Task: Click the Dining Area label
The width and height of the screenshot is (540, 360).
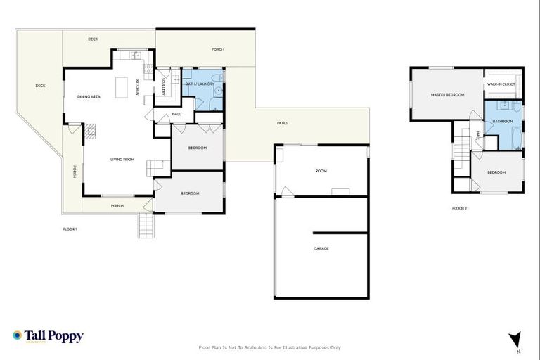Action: pos(89,96)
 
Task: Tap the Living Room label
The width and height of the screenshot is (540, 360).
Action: pos(122,160)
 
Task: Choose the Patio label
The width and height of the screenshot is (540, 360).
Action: pos(281,124)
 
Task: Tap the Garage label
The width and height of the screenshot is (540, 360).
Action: pos(321,249)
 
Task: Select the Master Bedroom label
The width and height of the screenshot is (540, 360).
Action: pos(447,94)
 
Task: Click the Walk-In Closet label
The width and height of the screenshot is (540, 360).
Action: pos(501,84)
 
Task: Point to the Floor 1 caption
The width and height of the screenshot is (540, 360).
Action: pos(70,229)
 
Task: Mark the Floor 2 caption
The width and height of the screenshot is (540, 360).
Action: pos(460,208)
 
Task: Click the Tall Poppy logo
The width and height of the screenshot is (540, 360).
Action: pos(48,336)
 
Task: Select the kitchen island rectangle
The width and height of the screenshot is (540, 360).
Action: pos(123,86)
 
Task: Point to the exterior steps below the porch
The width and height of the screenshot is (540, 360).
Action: pos(146,225)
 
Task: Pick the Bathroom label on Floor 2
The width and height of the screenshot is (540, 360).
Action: pos(503,121)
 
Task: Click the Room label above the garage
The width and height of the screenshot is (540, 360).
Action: pos(321,171)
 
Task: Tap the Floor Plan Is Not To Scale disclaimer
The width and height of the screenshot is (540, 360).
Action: pos(270,347)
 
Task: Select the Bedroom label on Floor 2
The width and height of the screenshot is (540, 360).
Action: pos(496,172)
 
